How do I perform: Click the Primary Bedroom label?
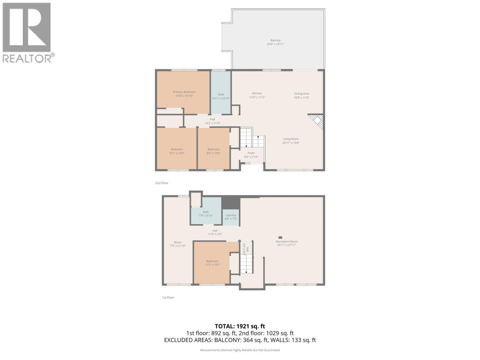click(184, 92)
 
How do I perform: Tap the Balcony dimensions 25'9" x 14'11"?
click(275, 44)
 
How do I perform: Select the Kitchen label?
click(257, 93)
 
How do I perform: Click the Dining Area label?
click(301, 94)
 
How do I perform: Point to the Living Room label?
click(291, 139)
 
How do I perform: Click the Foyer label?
click(251, 153)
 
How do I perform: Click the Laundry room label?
click(231, 215)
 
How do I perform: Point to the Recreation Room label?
click(286, 241)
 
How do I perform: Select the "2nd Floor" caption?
click(162, 183)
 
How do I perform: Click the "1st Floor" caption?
click(168, 298)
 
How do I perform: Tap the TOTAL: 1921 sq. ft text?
click(240, 326)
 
